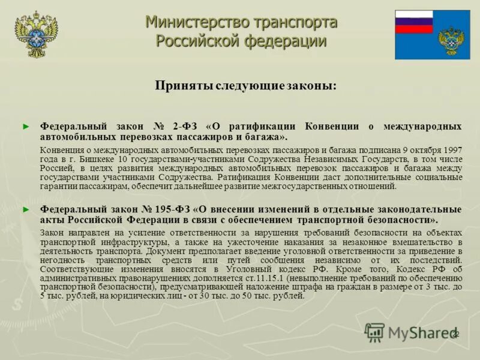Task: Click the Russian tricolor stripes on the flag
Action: coord(414,22)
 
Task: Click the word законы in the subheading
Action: coord(310,86)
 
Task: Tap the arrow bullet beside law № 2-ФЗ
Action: coord(25,127)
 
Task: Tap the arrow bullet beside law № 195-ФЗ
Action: coord(25,209)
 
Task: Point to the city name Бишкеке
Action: coord(97,158)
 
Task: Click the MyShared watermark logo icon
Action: coord(374,332)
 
